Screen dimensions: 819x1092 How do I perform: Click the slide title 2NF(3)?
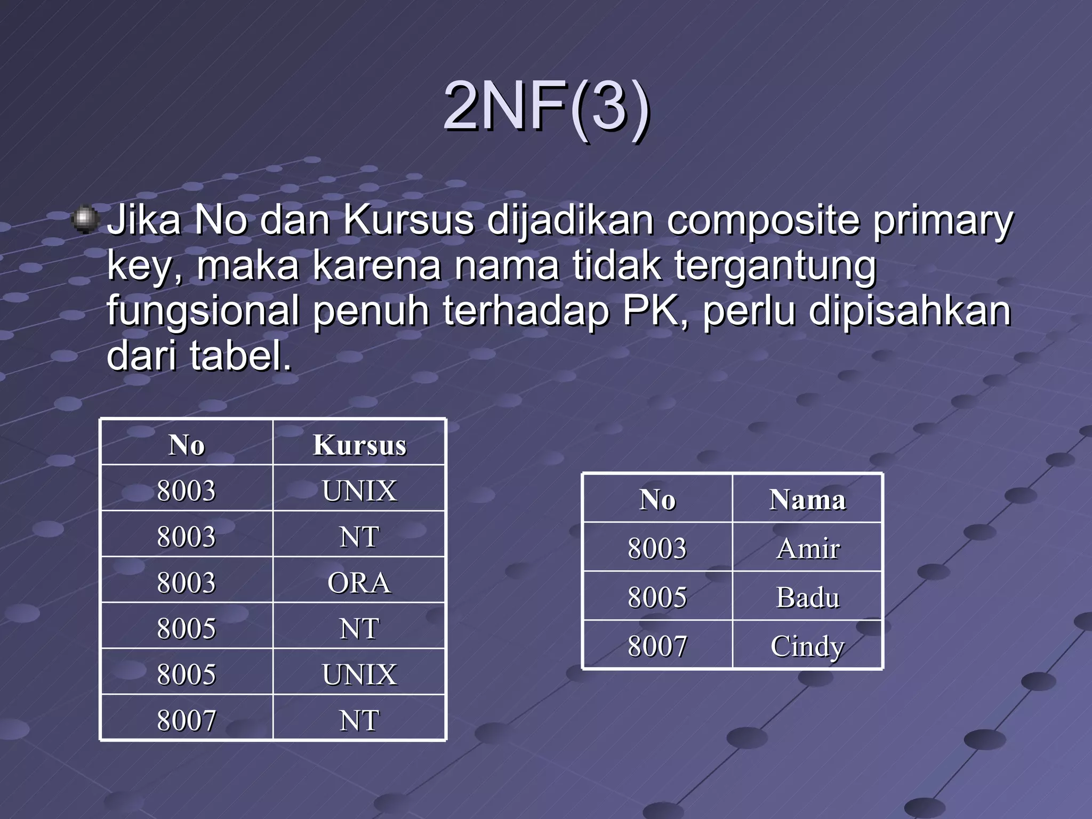click(x=547, y=106)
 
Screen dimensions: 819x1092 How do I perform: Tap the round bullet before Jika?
click(x=84, y=219)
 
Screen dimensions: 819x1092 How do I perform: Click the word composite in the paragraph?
click(x=763, y=220)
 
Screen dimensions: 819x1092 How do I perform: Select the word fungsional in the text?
click(x=203, y=311)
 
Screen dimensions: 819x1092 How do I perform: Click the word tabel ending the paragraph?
click(x=241, y=356)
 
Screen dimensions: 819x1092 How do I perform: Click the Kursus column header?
click(x=359, y=445)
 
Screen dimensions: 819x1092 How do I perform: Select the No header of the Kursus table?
click(x=186, y=445)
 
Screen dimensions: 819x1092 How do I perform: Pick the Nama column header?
click(x=807, y=500)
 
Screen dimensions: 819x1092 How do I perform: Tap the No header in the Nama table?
click(x=657, y=500)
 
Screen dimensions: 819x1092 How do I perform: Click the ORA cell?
click(x=359, y=582)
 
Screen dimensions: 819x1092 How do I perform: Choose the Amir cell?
click(x=807, y=548)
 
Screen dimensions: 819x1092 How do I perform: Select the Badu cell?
click(x=807, y=597)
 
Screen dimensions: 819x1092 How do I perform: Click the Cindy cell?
click(x=807, y=646)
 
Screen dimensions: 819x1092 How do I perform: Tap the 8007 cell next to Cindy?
click(x=657, y=646)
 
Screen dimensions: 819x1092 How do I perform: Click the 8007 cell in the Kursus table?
click(x=186, y=720)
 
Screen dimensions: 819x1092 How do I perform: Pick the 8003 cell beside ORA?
click(x=186, y=582)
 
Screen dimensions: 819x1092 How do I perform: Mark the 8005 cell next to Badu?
click(x=657, y=597)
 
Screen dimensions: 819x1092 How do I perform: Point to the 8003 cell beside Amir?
click(x=657, y=548)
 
